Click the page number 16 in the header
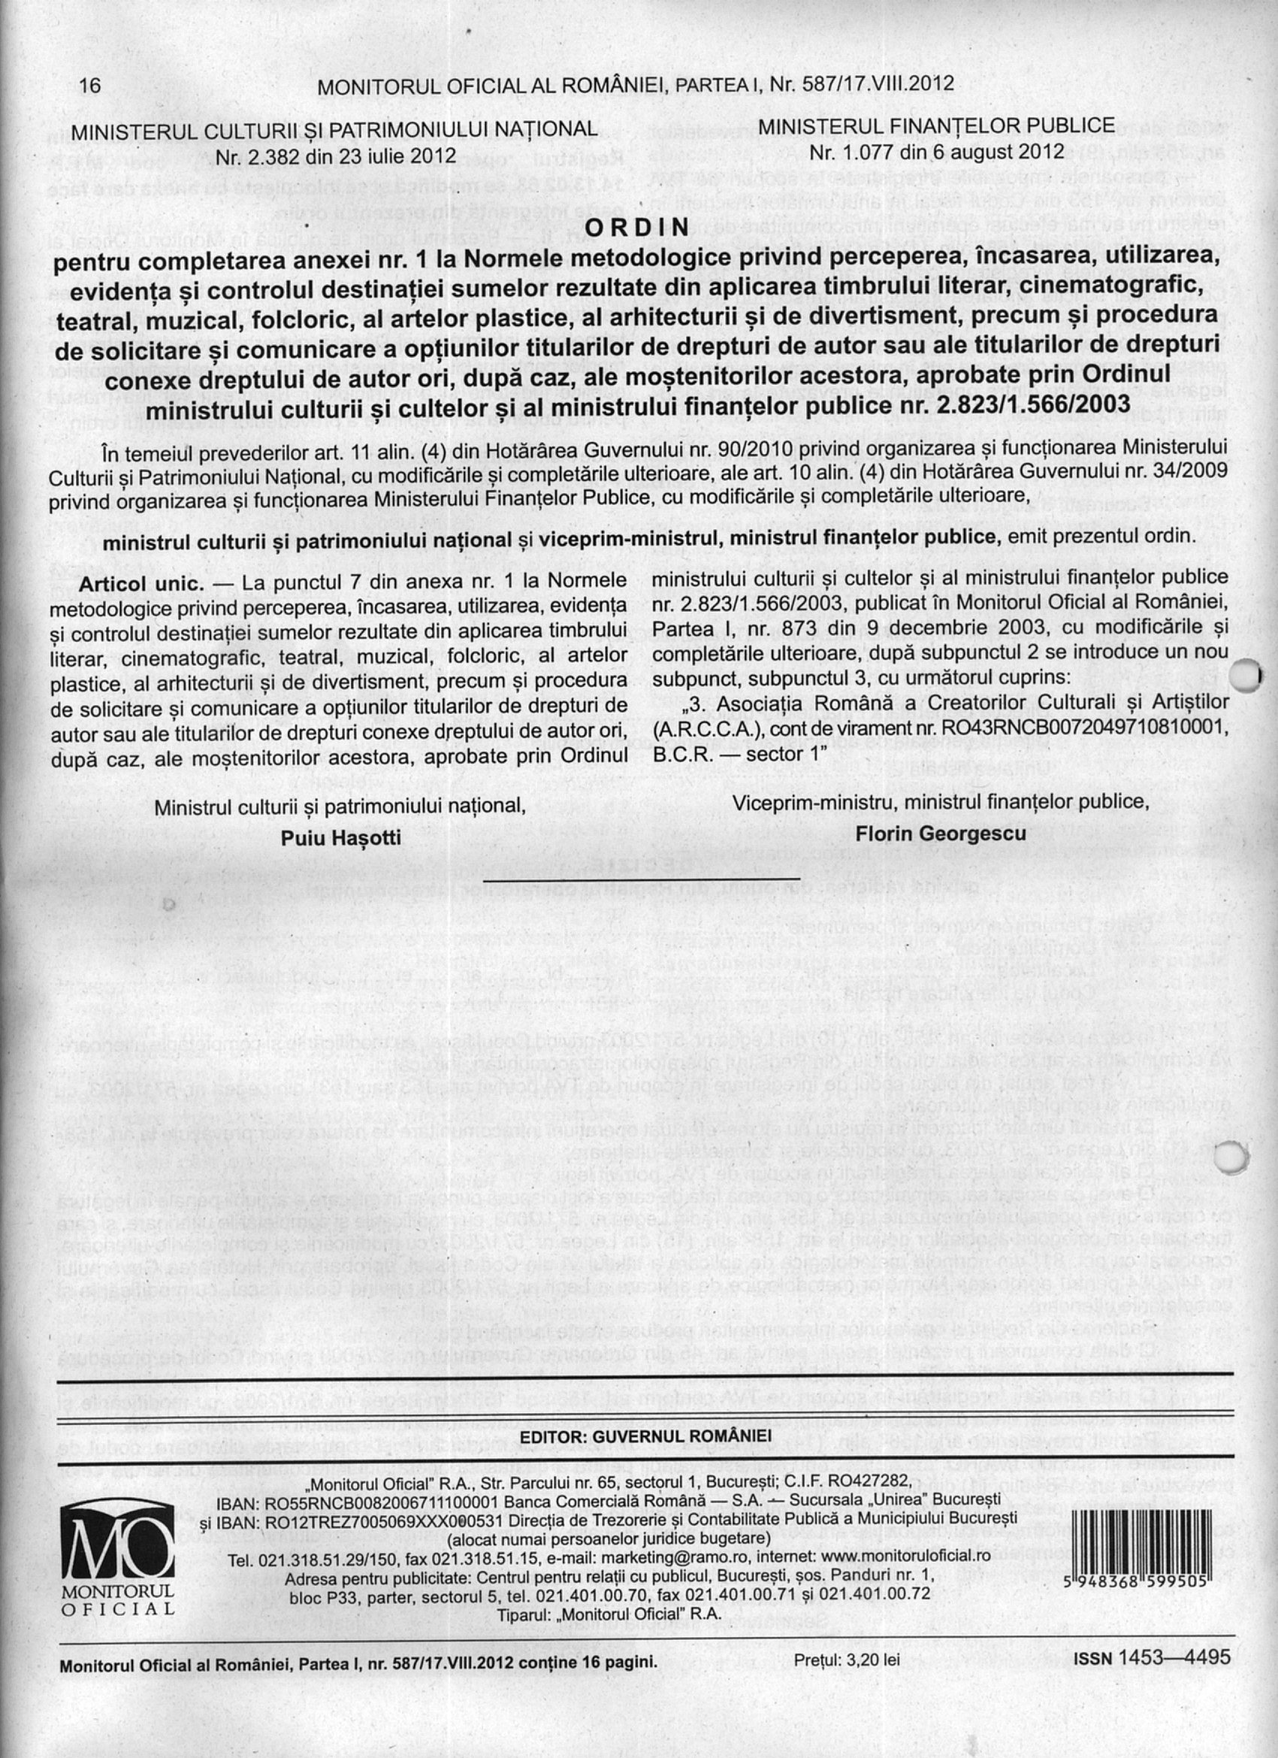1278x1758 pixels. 90,85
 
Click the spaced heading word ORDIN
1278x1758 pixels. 638,227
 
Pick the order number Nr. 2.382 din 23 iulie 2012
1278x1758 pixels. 335,157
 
